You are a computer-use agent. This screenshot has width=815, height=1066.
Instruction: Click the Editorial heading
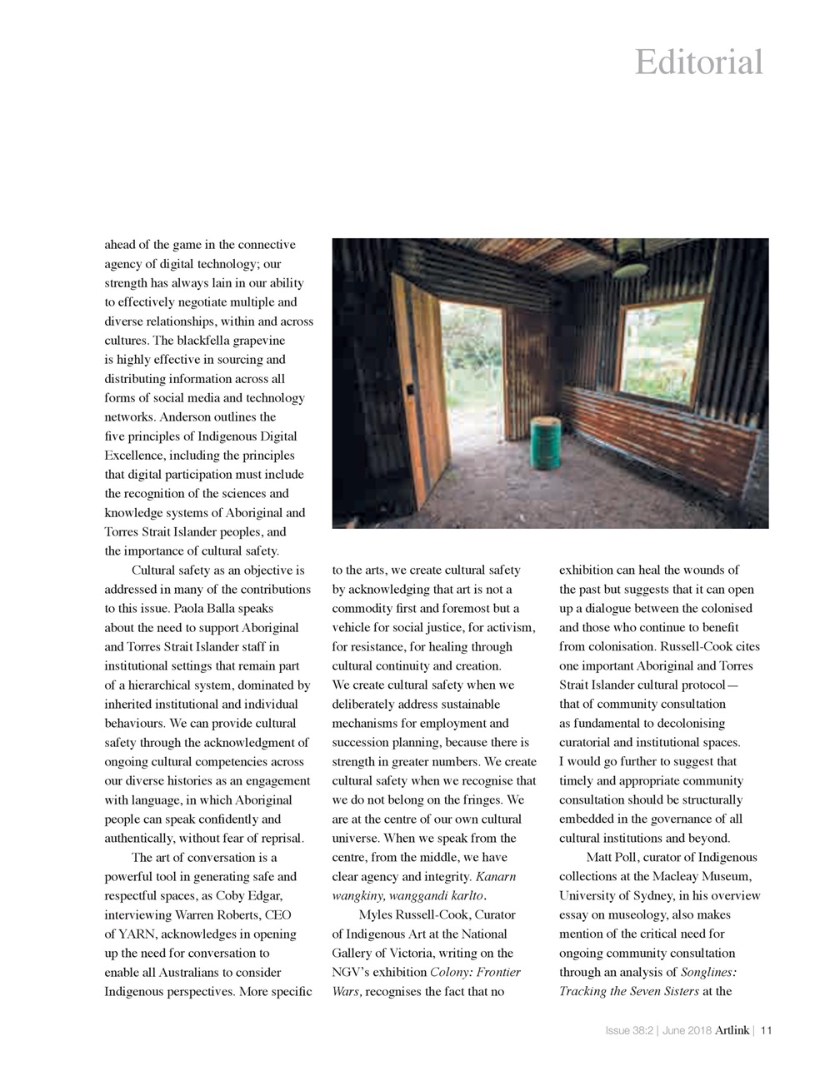[698, 62]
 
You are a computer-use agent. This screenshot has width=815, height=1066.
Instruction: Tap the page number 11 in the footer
[767, 1031]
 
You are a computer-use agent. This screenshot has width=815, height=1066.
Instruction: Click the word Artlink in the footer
[732, 1031]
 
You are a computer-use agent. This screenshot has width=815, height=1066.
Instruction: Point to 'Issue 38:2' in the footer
[629, 1031]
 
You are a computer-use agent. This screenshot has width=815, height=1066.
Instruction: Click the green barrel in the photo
[546, 441]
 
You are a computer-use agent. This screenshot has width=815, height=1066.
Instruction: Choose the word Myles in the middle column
[376, 915]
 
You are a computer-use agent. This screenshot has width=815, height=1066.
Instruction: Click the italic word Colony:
[452, 973]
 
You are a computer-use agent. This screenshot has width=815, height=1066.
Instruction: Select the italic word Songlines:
[708, 973]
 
